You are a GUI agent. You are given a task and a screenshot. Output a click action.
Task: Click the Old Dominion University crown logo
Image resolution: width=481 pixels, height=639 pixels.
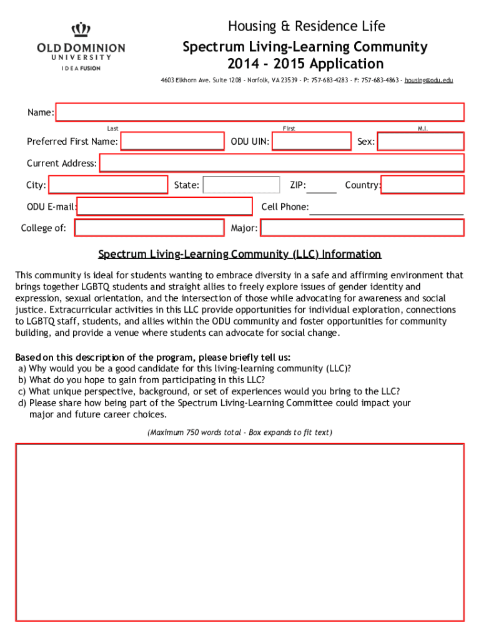click(81, 29)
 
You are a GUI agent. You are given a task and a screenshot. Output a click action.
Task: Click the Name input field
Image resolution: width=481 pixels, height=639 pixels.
click(260, 112)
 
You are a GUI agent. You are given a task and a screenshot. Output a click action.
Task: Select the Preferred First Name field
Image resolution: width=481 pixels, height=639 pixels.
click(172, 142)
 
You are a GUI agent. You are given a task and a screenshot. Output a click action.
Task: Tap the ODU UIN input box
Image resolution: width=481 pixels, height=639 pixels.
click(312, 142)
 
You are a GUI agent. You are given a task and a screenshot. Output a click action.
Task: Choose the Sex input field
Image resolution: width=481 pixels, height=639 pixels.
click(420, 142)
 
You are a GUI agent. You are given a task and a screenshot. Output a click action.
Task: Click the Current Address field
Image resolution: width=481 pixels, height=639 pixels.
click(282, 163)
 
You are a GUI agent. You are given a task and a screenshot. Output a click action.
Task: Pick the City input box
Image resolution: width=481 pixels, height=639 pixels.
click(109, 185)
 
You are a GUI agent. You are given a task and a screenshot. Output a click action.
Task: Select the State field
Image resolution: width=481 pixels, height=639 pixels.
click(241, 185)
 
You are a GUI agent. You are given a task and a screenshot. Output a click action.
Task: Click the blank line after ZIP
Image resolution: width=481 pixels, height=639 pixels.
click(322, 187)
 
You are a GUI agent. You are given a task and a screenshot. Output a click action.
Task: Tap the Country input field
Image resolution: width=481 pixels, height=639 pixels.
click(422, 185)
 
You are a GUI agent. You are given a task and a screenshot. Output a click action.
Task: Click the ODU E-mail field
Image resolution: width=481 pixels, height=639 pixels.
click(164, 207)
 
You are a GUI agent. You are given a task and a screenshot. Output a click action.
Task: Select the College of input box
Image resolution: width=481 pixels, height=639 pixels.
click(149, 228)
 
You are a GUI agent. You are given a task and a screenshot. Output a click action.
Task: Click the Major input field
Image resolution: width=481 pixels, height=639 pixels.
click(362, 228)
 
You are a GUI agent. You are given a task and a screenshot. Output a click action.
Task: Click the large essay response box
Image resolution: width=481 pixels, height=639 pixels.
click(240, 532)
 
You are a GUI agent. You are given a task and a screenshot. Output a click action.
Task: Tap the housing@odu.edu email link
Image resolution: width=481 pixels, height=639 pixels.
click(429, 80)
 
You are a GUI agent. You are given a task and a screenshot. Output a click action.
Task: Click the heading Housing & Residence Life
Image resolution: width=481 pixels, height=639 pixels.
click(306, 26)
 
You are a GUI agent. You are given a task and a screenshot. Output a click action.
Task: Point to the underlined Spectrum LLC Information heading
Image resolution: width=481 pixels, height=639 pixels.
click(240, 255)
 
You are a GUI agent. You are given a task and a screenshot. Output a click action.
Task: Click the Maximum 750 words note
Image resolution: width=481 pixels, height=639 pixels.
click(240, 432)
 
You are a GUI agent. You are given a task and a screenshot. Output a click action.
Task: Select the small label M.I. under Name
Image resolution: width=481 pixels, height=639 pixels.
click(423, 129)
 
